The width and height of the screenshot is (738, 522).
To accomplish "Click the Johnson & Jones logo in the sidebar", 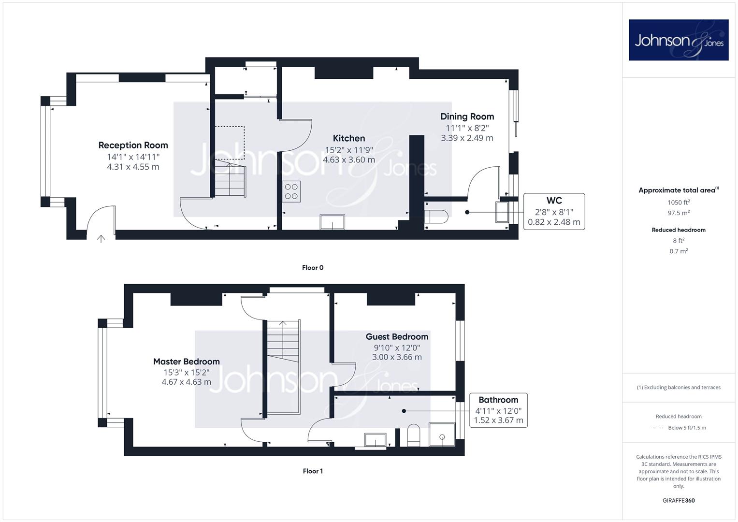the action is tap(679, 40).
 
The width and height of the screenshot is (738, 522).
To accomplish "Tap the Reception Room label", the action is tap(133, 145).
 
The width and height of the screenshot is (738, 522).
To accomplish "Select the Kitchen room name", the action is tap(349, 138).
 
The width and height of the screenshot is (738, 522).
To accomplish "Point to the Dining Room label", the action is tap(467, 116).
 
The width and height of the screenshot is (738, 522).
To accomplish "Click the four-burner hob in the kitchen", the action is tap(291, 191).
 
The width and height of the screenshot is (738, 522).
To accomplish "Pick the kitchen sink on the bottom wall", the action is tap(333, 222).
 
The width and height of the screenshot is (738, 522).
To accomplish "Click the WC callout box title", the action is tap(554, 201).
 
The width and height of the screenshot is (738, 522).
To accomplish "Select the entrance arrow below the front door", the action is tap(101, 239).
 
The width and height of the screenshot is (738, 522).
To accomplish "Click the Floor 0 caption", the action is tap(313, 268).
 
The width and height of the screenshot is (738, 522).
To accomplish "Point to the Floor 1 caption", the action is tap(313, 471).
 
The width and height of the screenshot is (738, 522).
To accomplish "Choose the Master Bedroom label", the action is tap(187, 362).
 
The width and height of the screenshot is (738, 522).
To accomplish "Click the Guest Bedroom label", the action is tap(397, 337).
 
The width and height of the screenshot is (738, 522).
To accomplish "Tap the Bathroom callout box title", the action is tap(498, 400).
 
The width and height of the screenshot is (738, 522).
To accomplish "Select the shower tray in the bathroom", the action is tap(442, 435).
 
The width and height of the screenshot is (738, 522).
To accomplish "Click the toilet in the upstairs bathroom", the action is tap(414, 435).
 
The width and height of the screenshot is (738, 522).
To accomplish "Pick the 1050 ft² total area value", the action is tap(679, 203).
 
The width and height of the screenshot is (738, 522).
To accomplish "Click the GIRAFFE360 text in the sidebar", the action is tap(679, 501).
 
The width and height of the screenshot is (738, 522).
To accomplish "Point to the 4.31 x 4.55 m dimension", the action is tap(133, 167).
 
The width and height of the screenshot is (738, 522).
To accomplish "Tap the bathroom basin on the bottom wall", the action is tap(375, 440).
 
